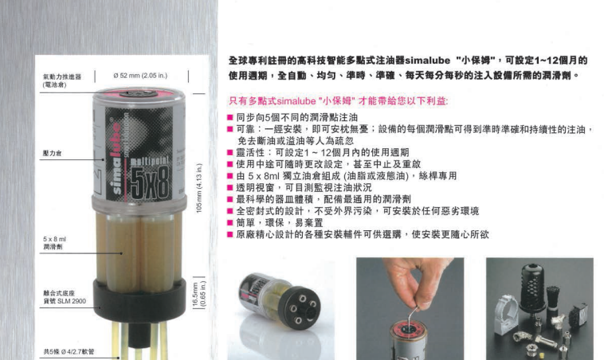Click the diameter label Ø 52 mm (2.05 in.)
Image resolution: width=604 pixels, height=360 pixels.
pyautogui.click(x=140, y=76)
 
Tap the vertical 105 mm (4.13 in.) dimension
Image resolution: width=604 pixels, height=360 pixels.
pyautogui.click(x=199, y=188)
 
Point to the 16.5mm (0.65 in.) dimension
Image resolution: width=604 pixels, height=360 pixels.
pyautogui.click(x=199, y=294)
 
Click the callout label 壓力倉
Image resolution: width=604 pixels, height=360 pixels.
pyautogui.click(x=52, y=153)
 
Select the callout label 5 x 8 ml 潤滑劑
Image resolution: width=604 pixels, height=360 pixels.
pyautogui.click(x=54, y=243)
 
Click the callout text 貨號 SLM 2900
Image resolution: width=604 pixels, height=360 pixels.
pyautogui.click(x=65, y=301)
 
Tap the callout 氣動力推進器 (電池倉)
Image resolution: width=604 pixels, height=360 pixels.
pyautogui.click(x=61, y=81)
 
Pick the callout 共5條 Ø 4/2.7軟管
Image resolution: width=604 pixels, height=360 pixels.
pyautogui.click(x=69, y=351)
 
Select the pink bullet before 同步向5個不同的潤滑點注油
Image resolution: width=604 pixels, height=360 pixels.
pyautogui.click(x=230, y=117)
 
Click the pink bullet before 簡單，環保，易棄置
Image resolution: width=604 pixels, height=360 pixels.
pyautogui.click(x=230, y=223)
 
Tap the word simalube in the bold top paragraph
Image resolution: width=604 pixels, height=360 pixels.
pyautogui.click(x=428, y=61)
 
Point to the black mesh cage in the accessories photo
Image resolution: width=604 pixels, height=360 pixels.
pyautogui.click(x=532, y=286)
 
